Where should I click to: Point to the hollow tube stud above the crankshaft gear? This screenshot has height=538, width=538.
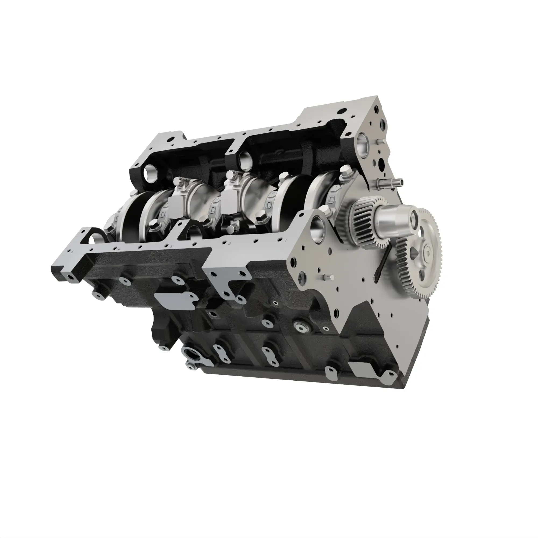(x=390, y=183)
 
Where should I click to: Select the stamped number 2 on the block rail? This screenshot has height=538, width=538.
(x=230, y=243)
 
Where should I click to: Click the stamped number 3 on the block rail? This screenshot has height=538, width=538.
(x=172, y=246)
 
